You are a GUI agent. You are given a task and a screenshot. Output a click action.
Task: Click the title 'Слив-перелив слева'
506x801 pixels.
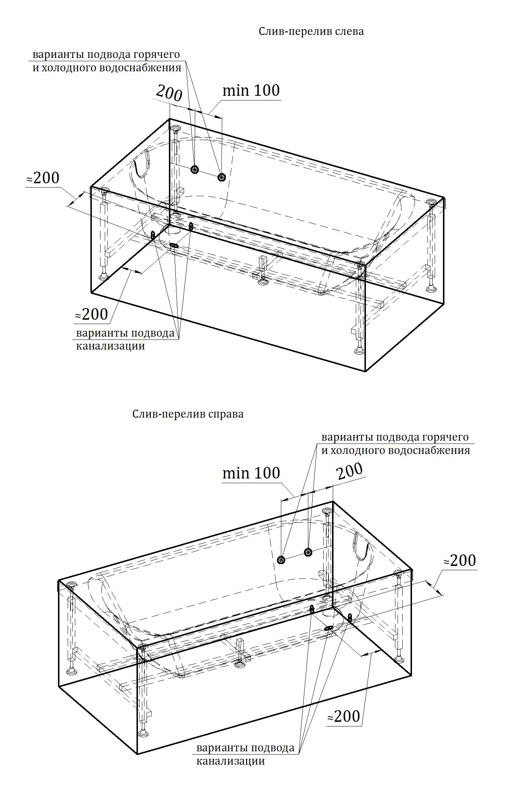pos(311,32)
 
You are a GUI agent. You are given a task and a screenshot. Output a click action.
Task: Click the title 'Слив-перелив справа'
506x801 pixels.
pos(188,414)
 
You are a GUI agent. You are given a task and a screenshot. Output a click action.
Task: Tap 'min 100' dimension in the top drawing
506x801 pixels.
pos(251,90)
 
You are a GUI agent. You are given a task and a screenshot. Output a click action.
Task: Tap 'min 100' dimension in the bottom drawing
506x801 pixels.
pos(251,473)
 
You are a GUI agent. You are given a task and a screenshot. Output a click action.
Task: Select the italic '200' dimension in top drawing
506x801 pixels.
pos(169,93)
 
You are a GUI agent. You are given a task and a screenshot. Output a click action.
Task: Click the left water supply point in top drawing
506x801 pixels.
pos(195,169)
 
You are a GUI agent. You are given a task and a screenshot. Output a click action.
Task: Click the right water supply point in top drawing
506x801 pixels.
pos(221,177)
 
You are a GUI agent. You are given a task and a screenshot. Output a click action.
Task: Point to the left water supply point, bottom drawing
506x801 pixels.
pos(281,559)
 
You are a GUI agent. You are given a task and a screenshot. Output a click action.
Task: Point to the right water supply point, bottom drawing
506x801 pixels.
pos(308,552)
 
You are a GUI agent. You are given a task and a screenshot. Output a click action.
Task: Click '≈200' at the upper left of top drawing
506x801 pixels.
pos(42,178)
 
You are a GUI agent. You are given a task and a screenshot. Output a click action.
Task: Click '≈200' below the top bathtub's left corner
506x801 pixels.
pos(91,315)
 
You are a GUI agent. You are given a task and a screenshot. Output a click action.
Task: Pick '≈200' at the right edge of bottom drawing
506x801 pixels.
pos(460,561)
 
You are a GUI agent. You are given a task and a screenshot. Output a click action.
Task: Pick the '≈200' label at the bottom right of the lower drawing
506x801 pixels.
pos(344,716)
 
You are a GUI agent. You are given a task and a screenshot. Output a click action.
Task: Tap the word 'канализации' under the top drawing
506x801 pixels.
pos(111,346)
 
